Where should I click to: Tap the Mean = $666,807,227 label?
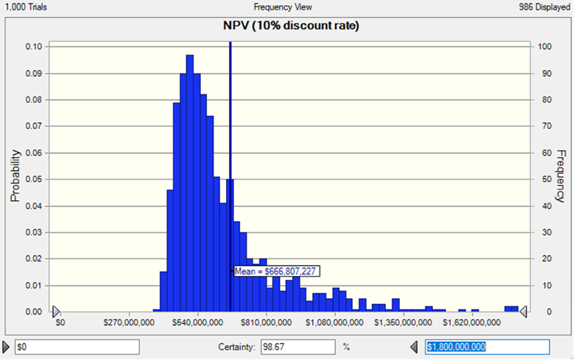click(x=276, y=271)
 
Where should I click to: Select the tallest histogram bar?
click(x=190, y=183)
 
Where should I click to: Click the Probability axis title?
click(x=14, y=177)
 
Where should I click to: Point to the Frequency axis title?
click(x=560, y=177)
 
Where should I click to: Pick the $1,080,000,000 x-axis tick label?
click(x=335, y=322)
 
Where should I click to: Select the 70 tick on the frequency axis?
click(x=543, y=126)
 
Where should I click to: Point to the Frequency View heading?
click(x=283, y=7)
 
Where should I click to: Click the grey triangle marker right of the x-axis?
click(x=523, y=312)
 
